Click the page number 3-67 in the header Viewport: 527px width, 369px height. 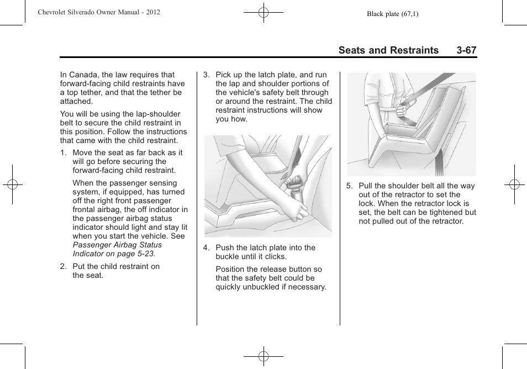[466, 50]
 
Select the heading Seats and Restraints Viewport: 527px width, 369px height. [388, 50]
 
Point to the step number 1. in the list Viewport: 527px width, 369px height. [64, 152]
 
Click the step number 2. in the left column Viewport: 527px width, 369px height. [64, 266]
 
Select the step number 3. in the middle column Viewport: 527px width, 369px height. [207, 75]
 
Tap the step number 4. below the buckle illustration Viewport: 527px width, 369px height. [207, 247]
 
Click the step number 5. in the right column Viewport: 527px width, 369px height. [350, 186]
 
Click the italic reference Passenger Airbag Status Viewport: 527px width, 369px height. [117, 245]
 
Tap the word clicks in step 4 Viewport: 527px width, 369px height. [276, 256]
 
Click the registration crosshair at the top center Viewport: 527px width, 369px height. [263, 12]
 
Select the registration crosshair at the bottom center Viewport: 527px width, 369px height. [263, 357]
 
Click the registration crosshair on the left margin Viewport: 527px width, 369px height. [12, 184]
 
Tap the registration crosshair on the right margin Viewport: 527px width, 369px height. [514, 184]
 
